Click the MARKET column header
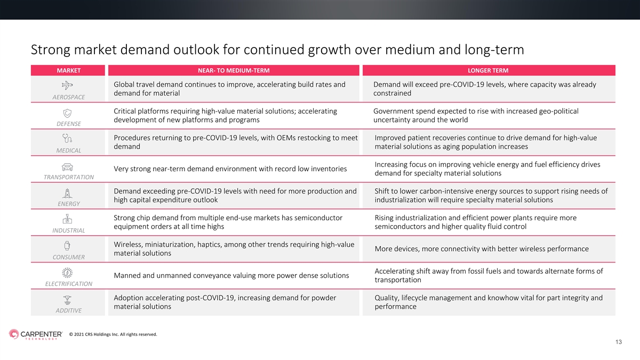[69, 70]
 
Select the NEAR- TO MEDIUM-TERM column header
[234, 70]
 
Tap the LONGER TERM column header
[488, 70]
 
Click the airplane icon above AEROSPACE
[67, 85]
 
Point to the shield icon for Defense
[67, 113]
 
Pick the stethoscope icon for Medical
[67, 139]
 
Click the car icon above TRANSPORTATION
[67, 167]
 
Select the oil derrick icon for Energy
[67, 194]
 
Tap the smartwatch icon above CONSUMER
[67, 246]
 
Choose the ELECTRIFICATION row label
[69, 284]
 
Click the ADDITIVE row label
[69, 310]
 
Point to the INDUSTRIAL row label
[69, 230]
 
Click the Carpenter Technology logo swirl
[14, 334]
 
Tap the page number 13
[619, 342]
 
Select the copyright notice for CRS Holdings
[113, 334]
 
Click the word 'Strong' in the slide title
[51, 50]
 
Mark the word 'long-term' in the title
[494, 50]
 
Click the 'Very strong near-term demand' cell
[230, 169]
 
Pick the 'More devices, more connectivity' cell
[482, 249]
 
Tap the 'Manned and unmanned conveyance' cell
[231, 275]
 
